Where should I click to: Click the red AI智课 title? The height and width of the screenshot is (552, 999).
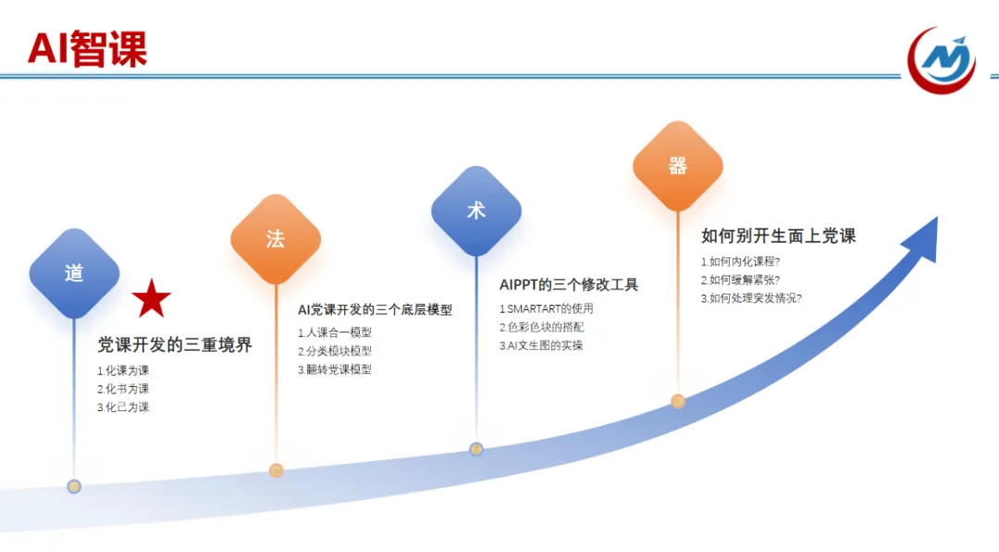(87, 49)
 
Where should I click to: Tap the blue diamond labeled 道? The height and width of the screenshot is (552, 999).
(74, 273)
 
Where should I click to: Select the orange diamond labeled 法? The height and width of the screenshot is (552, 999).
(276, 239)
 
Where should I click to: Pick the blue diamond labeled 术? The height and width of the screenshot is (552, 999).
(476, 211)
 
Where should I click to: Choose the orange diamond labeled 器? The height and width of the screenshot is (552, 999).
(678, 167)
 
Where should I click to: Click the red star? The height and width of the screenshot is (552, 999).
(152, 298)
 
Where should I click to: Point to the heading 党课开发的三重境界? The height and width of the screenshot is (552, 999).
(175, 345)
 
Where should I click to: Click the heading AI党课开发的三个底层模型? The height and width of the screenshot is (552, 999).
(375, 309)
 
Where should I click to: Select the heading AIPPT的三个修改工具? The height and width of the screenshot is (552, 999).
(569, 284)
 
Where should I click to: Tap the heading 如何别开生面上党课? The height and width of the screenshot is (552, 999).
(778, 236)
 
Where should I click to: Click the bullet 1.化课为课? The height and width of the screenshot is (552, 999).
(123, 370)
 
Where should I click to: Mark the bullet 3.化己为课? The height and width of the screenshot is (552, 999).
(123, 408)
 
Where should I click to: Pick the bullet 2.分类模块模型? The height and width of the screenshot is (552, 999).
(334, 351)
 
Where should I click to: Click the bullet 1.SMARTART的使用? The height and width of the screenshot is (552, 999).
(546, 308)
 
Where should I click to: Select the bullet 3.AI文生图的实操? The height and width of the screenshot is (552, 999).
(541, 345)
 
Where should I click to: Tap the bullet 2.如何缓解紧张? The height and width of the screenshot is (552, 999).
(740, 280)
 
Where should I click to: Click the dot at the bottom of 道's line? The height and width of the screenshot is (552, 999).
(74, 486)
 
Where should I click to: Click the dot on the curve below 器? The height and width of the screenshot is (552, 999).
(678, 401)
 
